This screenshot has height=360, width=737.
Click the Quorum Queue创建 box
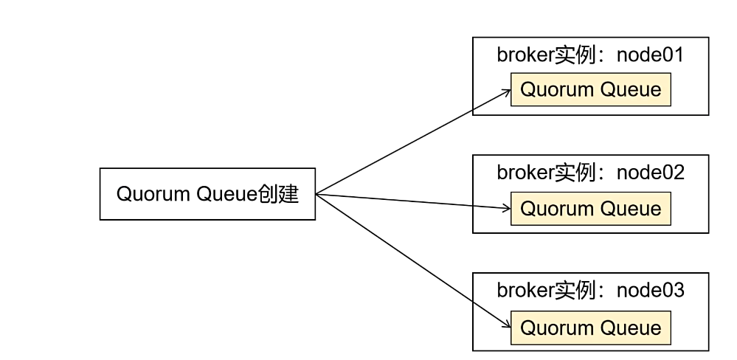click(207, 194)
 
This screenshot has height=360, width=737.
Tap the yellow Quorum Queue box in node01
click(590, 90)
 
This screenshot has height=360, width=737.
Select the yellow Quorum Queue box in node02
click(590, 208)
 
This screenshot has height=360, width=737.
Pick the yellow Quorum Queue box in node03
click(590, 327)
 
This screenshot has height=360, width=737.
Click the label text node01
click(651, 55)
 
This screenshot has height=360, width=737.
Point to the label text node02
click(651, 173)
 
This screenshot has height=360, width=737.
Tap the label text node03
click(651, 291)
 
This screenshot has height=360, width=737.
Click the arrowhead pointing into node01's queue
click(507, 91)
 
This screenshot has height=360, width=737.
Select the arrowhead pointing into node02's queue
click(507, 208)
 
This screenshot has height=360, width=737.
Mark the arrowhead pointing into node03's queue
click(507, 325)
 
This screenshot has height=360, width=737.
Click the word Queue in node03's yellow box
click(630, 327)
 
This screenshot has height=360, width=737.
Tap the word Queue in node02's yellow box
click(630, 208)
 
